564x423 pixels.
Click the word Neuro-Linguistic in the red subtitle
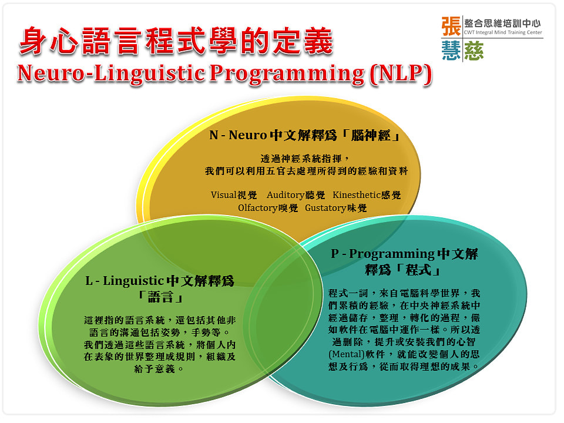[x=111, y=74]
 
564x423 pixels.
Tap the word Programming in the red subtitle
[x=287, y=75]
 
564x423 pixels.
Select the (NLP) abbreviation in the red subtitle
[x=401, y=75]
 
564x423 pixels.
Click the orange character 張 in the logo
[x=451, y=26]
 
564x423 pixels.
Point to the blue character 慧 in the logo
[x=451, y=51]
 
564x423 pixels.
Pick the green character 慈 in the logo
[x=474, y=51]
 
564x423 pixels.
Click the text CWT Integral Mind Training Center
[x=503, y=32]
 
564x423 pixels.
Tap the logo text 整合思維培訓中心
[x=502, y=23]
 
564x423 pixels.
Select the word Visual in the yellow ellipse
[x=223, y=195]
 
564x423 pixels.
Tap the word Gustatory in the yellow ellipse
[x=325, y=208]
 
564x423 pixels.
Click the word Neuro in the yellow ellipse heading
[x=248, y=135]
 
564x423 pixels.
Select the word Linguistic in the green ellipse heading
[x=133, y=281]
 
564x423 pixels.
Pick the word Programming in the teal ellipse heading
[x=392, y=254]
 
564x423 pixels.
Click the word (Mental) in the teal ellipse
[x=346, y=354]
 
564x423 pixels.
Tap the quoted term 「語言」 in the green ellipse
[x=160, y=297]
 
